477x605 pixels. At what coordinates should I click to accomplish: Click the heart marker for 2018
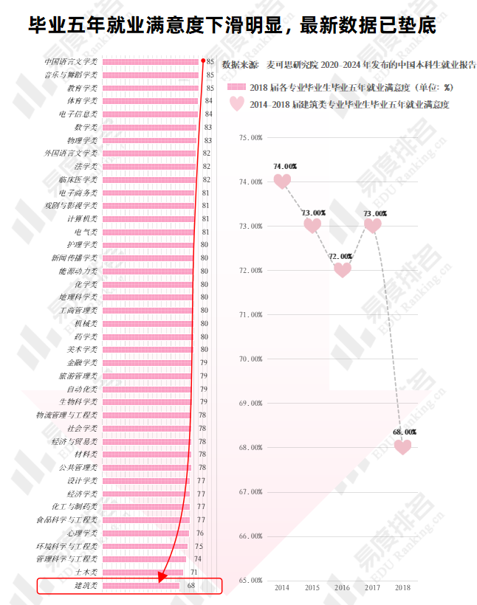[x=402, y=447]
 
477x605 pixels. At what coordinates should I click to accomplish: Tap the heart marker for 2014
[x=282, y=181]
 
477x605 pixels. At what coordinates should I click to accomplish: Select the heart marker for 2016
[x=343, y=269]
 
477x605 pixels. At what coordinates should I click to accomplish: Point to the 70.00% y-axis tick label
[x=251, y=359]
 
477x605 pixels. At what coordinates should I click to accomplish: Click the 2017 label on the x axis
[x=373, y=587]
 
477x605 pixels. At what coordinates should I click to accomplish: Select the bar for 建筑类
[x=140, y=586]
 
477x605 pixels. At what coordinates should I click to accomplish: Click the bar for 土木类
[x=143, y=573]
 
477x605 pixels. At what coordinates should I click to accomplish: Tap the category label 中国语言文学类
[x=71, y=62]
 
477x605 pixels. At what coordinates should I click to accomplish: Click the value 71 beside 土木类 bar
[x=193, y=573]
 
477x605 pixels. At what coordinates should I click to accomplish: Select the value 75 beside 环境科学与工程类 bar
[x=199, y=547]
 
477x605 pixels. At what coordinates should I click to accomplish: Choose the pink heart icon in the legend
[x=237, y=103]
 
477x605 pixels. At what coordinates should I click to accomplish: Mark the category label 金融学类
[x=82, y=363]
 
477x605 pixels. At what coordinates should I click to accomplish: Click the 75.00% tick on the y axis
[x=251, y=137]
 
